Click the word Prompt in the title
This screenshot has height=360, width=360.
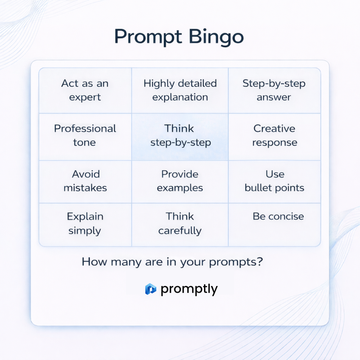[146, 37]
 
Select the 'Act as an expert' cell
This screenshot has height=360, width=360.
[85, 90]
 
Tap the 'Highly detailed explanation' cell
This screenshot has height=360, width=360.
[180, 90]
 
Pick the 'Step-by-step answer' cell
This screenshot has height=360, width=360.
[274, 90]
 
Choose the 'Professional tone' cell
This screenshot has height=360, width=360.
[85, 136]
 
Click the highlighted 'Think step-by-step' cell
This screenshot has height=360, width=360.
[180, 136]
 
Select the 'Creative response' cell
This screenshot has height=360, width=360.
[274, 136]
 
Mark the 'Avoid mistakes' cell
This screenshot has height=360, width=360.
[85, 181]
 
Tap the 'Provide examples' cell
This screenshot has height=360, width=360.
[180, 181]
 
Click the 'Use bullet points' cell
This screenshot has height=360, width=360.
[274, 181]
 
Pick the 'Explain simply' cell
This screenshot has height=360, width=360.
[85, 224]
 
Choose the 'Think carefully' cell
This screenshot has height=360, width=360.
[180, 224]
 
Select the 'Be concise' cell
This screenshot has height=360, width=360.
[274, 224]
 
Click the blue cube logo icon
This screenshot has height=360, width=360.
[151, 289]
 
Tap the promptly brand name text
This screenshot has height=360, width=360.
[189, 289]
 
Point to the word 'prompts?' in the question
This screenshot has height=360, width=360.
[236, 262]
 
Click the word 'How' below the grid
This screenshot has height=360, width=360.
[94, 262]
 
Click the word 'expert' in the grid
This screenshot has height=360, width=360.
[85, 97]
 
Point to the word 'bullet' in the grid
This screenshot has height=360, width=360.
[258, 188]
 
